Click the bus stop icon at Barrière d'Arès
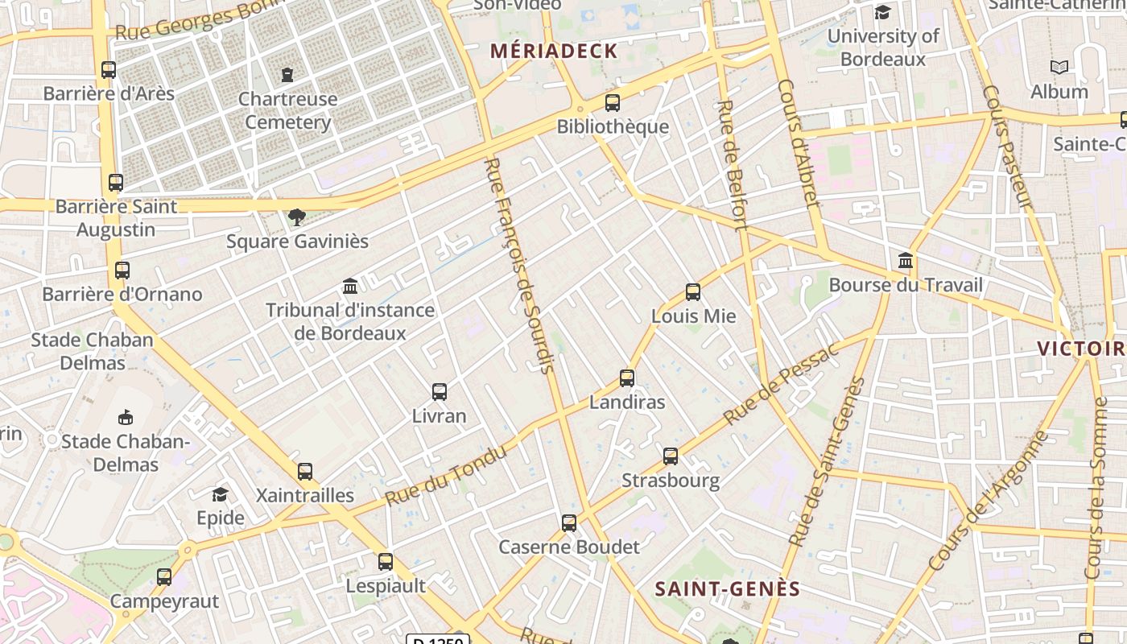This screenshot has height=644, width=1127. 109,70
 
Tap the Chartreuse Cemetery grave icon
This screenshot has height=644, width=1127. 287,76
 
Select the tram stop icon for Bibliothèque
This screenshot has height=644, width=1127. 613,103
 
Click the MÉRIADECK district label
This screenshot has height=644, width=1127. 555,52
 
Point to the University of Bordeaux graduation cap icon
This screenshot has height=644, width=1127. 883,13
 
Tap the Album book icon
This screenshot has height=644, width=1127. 1059,68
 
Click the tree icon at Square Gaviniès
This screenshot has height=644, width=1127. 297,217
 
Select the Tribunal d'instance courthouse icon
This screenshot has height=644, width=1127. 350,287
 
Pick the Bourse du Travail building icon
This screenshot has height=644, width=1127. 906,261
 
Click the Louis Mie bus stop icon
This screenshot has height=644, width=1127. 693,292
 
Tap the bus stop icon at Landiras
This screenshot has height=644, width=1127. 627,378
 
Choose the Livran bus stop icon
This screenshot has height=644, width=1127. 440,392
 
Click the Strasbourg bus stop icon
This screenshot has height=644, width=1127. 671,456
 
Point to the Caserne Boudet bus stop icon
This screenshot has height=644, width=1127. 569,523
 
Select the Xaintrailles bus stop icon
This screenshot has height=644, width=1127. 305,472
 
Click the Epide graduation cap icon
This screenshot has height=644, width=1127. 220,494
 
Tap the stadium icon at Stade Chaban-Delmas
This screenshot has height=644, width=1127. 126,418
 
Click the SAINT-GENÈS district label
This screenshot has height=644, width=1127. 728,589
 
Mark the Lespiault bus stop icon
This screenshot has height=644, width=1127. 386,562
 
